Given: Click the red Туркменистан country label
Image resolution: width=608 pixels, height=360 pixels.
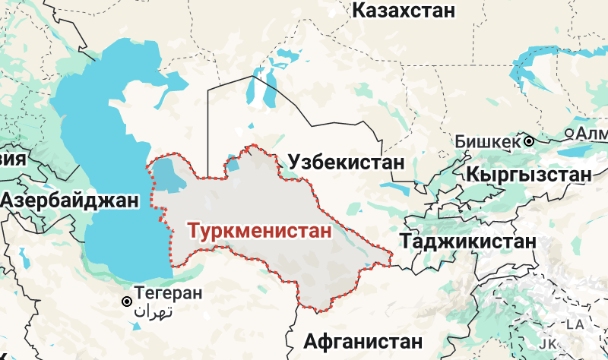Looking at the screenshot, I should pos(260,230).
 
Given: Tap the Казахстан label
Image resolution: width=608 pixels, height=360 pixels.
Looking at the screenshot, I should pos(404,11).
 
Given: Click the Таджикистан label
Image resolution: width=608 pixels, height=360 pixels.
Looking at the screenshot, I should pos(466,242).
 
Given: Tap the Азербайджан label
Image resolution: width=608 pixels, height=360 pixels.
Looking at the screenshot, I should pos(71,201).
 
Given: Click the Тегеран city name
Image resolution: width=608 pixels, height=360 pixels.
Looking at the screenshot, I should pos(168,292).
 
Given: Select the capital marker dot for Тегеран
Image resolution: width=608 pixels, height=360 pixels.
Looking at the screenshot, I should pos(126,302).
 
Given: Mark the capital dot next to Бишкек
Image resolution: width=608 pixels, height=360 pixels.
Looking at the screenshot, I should pos(528,141).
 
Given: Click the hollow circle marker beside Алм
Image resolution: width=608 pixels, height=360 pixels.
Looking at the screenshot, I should pos(569,134).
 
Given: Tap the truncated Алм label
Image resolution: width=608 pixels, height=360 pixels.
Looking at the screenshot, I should pos(592,134).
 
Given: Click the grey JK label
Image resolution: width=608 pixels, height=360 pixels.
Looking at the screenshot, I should pos(549,343).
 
